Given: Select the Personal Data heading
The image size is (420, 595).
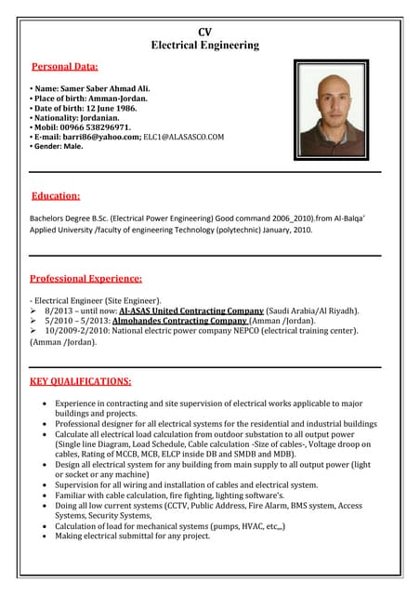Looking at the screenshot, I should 65,67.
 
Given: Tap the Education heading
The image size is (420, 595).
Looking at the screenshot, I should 56,196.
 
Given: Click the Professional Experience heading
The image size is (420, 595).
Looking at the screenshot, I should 85,278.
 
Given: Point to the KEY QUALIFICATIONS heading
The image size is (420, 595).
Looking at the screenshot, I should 80,381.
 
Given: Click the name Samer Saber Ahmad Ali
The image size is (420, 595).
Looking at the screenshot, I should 104,89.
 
